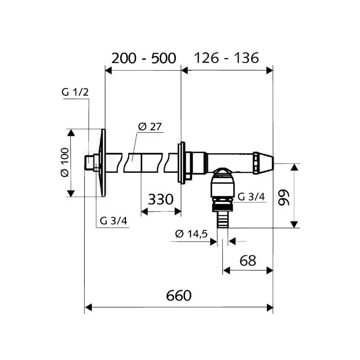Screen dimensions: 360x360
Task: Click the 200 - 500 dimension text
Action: (144, 58)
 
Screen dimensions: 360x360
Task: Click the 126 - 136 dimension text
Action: (226, 58)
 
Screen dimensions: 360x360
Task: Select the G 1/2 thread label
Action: (75, 92)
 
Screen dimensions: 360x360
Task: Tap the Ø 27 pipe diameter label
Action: (150, 127)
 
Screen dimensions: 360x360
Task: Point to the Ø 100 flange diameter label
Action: (65, 162)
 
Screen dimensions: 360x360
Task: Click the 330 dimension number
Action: (161, 199)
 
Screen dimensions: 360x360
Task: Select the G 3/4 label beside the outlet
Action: (251, 197)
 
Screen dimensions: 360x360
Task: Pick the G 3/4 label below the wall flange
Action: (113, 221)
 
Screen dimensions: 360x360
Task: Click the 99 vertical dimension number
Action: (284, 198)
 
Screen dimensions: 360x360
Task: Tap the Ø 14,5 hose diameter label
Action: (192, 234)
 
